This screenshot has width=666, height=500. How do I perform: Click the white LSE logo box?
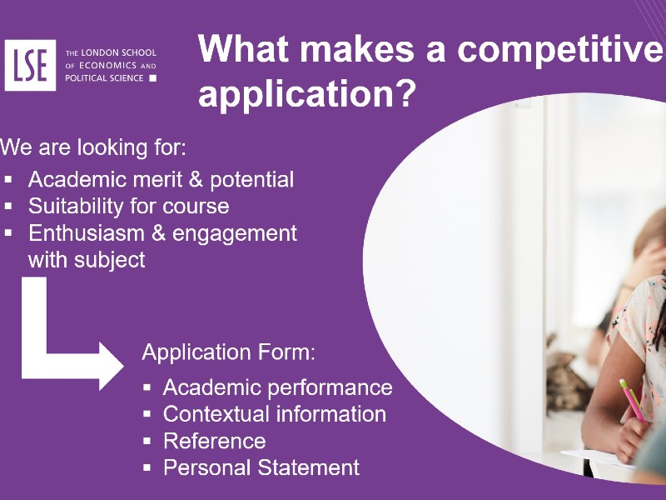(31, 65)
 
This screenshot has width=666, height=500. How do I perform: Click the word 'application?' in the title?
(306, 93)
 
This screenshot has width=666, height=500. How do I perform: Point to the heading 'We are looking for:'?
(93, 148)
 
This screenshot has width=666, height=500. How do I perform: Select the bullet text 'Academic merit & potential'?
(161, 179)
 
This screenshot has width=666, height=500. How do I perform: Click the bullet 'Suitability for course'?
(128, 206)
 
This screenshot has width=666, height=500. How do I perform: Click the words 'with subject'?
(87, 260)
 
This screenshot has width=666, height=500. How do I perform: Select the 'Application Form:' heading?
(228, 352)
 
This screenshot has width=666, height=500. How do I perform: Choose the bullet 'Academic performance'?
(277, 387)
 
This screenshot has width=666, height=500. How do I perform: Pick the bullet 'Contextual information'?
(274, 414)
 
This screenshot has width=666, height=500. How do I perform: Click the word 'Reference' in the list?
(214, 441)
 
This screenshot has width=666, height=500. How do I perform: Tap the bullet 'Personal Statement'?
(261, 467)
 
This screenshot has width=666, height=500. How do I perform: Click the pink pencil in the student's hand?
(634, 401)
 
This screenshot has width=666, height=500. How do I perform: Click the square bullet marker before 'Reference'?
(147, 441)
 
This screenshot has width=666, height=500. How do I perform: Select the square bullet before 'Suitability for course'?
(9, 206)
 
